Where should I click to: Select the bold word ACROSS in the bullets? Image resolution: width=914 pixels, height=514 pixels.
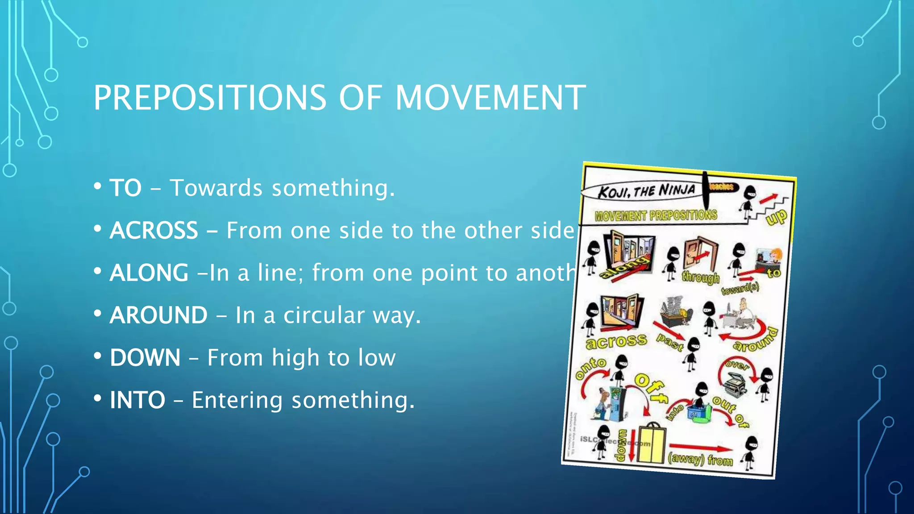point(154,230)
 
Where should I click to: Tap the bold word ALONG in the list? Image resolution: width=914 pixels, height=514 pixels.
point(149,273)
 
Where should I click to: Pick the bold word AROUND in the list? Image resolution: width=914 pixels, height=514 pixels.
point(158,315)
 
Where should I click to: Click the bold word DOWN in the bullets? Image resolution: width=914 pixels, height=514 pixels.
point(145,357)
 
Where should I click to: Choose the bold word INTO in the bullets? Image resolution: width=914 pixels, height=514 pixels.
point(137,400)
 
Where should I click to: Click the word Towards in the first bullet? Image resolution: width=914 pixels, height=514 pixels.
point(216,188)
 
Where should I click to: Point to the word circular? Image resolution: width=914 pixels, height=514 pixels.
point(324,315)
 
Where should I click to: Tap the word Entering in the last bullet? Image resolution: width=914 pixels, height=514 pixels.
point(237,400)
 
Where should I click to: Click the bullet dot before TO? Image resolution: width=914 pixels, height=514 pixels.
point(97,187)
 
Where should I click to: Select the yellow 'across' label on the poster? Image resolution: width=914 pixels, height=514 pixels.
point(616,341)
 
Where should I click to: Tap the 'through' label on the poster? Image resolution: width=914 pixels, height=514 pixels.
point(700,278)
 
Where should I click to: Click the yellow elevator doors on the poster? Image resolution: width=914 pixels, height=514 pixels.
point(652,444)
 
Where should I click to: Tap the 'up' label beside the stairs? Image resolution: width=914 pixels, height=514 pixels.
point(777,218)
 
